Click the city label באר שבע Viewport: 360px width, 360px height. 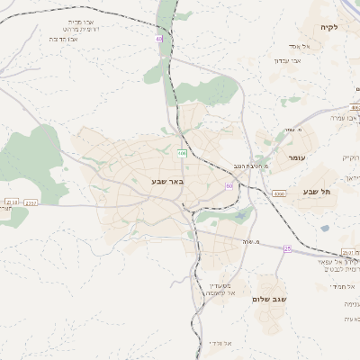167,182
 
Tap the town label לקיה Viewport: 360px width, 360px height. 328,28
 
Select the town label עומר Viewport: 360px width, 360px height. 298,157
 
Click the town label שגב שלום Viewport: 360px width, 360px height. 269,299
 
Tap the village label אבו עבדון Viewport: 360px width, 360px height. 288,60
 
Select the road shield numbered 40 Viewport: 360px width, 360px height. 159,39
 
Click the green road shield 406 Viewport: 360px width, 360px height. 182,153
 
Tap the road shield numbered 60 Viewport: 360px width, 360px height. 229,185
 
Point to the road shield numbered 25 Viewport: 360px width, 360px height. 287,248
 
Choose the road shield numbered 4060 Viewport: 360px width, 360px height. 279,193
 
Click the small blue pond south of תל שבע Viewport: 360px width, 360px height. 325,228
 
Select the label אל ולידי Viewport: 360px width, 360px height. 220,343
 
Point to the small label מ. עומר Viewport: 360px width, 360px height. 290,130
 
